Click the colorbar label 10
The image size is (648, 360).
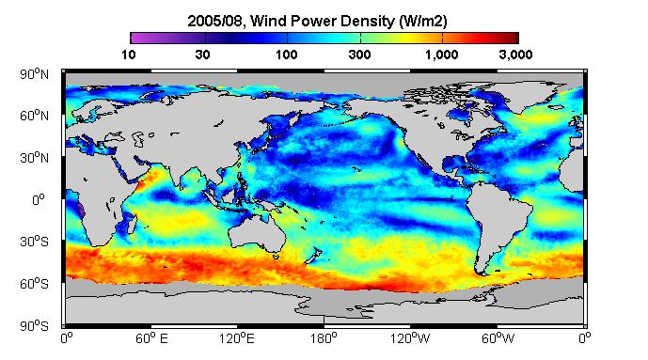point(129,55)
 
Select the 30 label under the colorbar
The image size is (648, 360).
point(202,55)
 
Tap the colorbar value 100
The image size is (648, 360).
point(287,55)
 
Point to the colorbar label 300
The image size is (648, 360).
point(359,55)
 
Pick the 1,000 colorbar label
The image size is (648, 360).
point(442,55)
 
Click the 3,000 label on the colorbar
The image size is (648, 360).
point(515,55)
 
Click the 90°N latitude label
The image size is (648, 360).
point(34,74)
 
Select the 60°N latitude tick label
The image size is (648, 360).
point(34,116)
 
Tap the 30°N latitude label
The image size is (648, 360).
point(34,158)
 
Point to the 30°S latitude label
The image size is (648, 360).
point(34,242)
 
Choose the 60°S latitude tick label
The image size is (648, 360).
point(34,284)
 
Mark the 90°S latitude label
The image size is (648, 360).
point(34,326)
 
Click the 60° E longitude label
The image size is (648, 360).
point(151,338)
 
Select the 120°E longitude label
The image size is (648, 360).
point(237,338)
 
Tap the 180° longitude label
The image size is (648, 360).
point(324,338)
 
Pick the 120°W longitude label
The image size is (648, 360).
point(410,338)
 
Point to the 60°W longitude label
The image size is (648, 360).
point(498,338)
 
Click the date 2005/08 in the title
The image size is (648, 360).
point(214,21)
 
